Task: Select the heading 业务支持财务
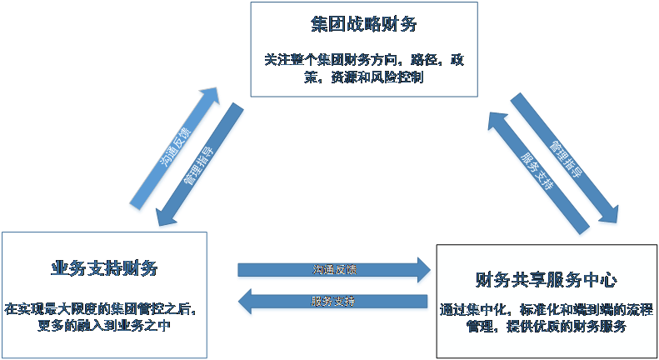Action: pos(104,268)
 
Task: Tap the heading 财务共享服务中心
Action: pos(546,278)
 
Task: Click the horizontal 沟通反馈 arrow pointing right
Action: pos(333,270)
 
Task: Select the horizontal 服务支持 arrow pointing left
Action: pos(333,301)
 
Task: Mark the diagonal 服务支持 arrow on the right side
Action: pos(537,171)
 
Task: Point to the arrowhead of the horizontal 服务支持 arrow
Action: pos(246,301)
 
